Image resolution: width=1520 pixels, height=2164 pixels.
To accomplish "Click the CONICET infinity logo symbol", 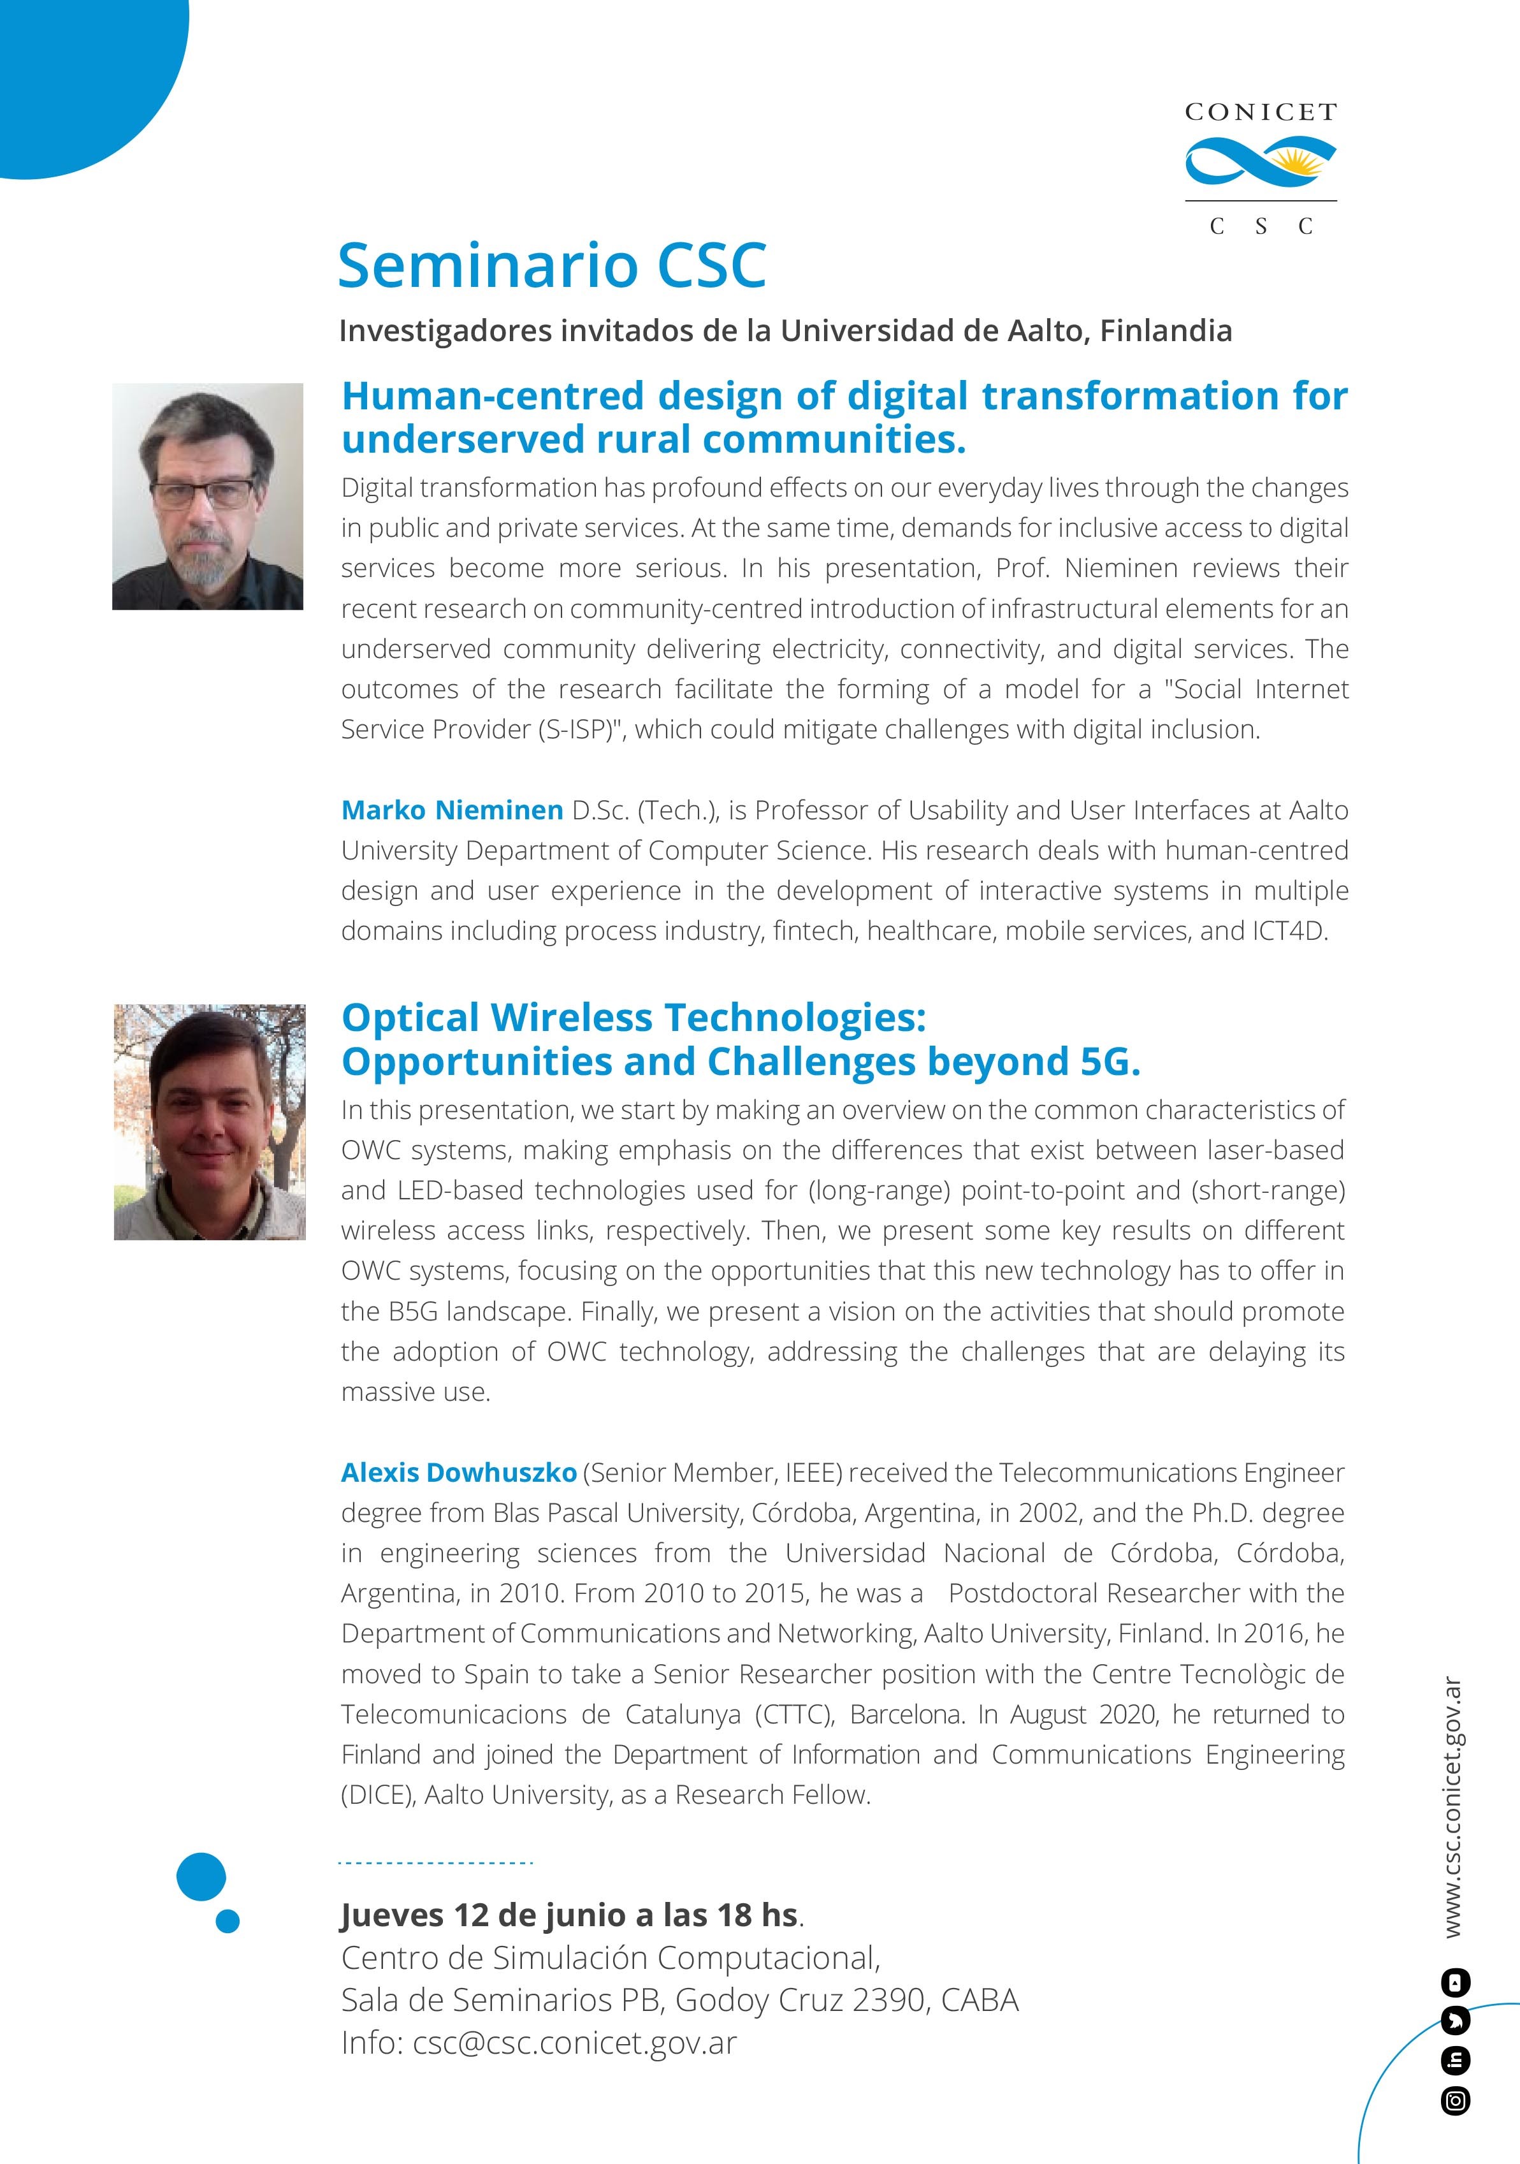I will [1260, 161].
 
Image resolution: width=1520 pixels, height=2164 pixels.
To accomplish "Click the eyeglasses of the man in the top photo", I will [203, 492].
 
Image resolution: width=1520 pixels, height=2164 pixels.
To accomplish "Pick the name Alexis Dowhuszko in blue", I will [459, 1472].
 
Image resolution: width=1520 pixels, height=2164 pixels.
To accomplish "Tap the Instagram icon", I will [1456, 2101].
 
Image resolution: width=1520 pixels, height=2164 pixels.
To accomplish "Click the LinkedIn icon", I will [1456, 2061].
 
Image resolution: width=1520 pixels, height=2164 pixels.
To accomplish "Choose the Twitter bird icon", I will [1456, 2022].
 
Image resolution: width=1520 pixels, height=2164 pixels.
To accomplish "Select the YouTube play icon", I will [1456, 1983].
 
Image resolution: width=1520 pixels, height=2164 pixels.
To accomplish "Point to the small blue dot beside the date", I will [227, 1921].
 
